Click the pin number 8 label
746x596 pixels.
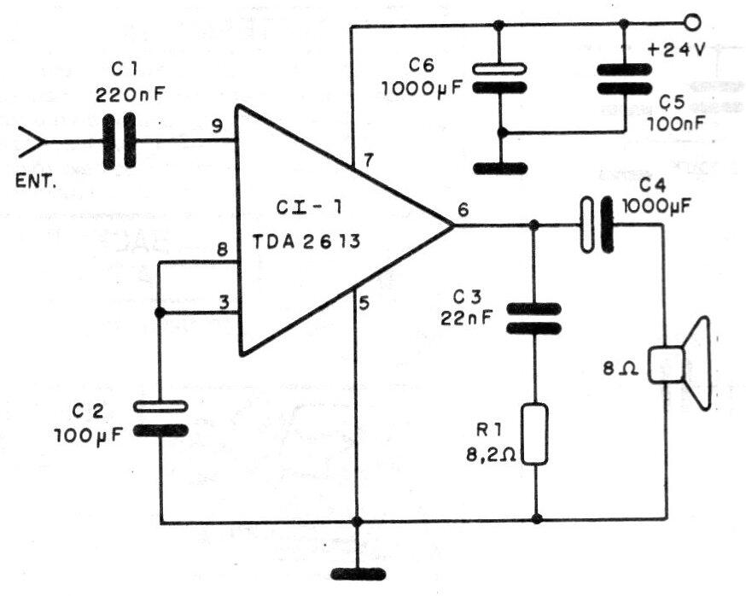coord(221,250)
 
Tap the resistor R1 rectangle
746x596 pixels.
coord(535,435)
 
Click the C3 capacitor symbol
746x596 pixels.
coord(535,318)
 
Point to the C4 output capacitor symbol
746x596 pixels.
coord(597,225)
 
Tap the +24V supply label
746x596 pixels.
coord(676,49)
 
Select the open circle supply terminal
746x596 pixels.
coord(692,23)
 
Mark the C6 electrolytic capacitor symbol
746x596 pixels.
coord(500,78)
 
